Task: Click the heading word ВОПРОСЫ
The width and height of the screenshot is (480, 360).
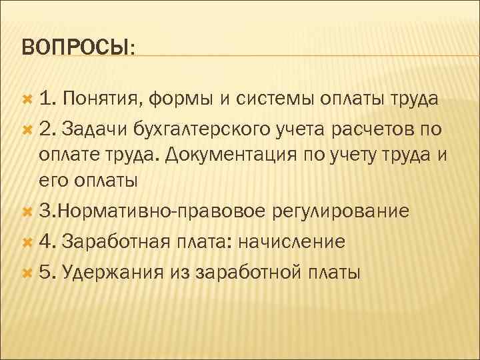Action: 76,47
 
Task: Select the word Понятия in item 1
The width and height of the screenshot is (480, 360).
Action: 105,100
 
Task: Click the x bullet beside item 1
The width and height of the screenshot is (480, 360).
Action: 27,100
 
